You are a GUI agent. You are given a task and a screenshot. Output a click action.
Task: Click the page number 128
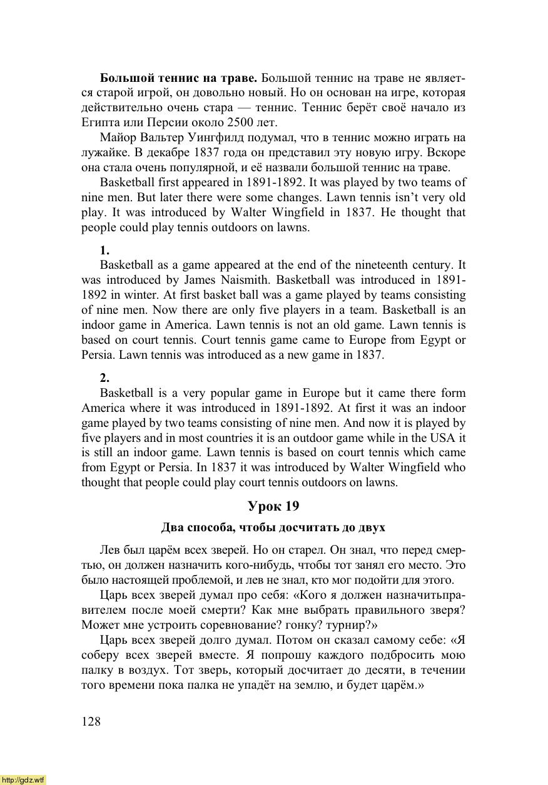coord(91,721)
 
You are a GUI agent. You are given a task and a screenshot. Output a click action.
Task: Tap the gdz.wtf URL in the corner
coord(23,780)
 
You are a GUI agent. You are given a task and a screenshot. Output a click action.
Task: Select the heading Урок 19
coord(273,506)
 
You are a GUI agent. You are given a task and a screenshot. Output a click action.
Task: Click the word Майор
coord(117,137)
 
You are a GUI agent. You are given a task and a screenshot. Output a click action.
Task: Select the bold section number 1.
coord(104,252)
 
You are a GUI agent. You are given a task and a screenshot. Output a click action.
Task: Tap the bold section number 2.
coord(104,378)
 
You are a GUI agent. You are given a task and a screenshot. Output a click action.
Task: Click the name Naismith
coord(244,279)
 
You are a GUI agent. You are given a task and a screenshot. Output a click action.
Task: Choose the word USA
coord(436,437)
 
